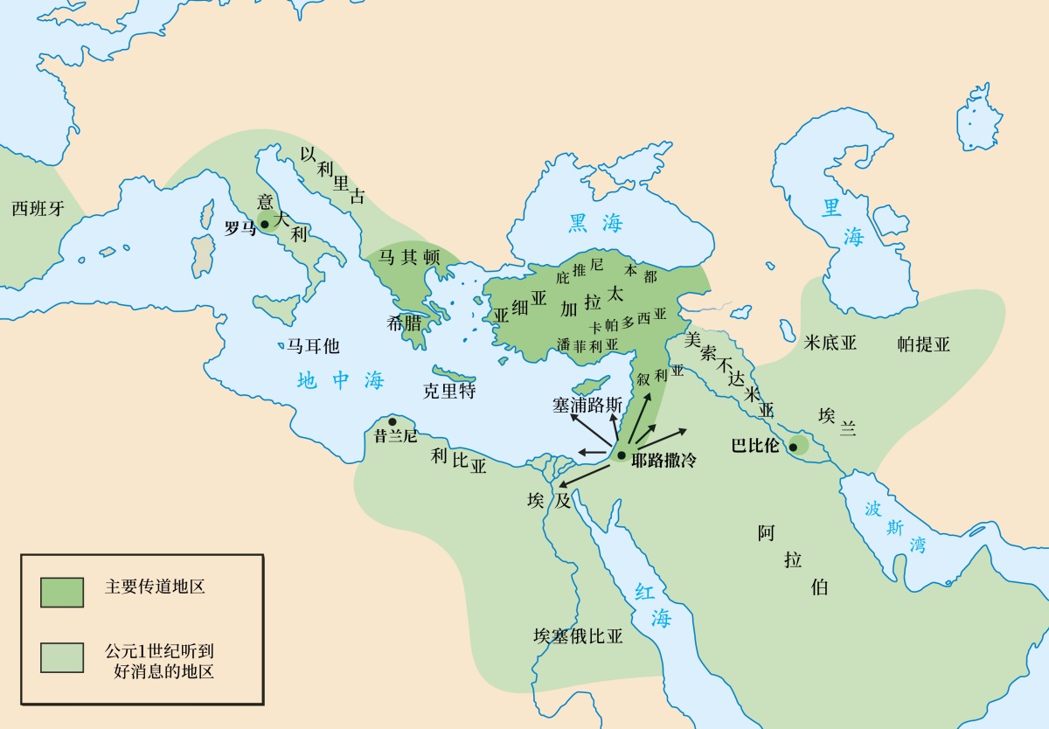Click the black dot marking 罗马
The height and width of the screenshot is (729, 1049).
click(264, 225)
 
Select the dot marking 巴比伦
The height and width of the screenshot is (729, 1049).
click(793, 448)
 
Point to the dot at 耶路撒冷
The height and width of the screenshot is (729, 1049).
click(620, 455)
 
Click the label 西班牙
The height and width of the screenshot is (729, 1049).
click(38, 209)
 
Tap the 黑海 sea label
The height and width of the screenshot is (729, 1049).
click(595, 223)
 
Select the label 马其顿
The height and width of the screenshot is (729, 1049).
click(408, 257)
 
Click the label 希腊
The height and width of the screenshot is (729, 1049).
click(403, 322)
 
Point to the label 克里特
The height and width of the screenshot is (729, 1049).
click(448, 391)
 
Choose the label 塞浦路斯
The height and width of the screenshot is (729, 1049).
click(587, 406)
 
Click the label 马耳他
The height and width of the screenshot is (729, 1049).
click(313, 346)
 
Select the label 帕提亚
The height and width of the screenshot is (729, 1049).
click(923, 344)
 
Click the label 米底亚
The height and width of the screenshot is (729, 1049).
click(830, 343)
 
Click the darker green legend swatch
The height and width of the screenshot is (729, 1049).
click(62, 592)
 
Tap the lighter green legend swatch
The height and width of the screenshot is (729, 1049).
click(62, 657)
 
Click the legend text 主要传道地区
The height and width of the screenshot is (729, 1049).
click(155, 587)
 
